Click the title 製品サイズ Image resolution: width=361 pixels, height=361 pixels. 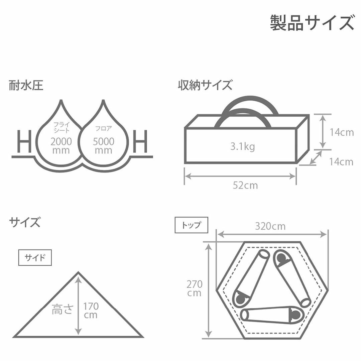(312, 23)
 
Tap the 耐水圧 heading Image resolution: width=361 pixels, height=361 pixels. (26, 86)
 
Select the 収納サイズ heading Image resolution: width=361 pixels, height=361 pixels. (205, 85)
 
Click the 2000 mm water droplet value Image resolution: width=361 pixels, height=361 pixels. (61, 145)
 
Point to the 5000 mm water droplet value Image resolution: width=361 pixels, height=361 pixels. (103, 145)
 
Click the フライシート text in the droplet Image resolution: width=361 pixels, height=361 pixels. (61, 128)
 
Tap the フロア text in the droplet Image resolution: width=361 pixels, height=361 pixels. (103, 128)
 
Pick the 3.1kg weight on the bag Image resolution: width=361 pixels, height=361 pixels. (243, 146)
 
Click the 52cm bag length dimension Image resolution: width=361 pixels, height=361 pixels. (245, 185)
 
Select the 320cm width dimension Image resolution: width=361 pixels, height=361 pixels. (270, 226)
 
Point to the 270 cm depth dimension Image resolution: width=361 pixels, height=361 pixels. (195, 288)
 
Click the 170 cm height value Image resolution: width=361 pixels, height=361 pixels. (91, 311)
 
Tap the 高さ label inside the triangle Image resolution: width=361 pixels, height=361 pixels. (63, 309)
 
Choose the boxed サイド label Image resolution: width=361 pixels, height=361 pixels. (35, 257)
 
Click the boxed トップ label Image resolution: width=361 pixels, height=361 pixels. (191, 225)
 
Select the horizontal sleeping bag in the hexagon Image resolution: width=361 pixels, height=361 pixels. (272, 315)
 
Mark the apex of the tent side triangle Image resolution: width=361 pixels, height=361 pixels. (78, 272)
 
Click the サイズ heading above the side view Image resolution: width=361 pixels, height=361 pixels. (24, 223)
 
